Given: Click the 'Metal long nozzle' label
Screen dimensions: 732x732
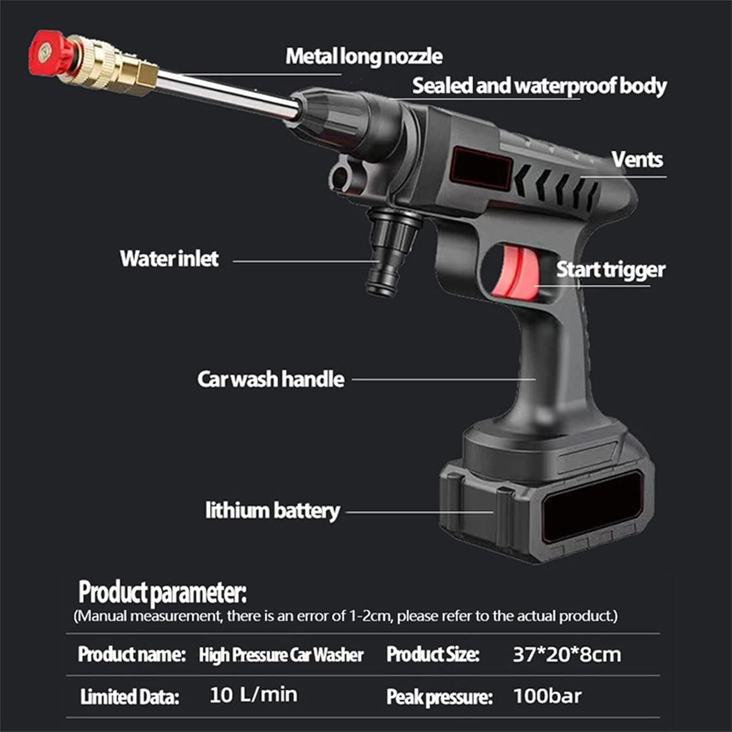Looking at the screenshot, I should click(364, 56).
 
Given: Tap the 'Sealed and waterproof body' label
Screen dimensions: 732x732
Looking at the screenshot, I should click(539, 86).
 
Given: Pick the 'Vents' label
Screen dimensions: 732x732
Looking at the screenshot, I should click(637, 160).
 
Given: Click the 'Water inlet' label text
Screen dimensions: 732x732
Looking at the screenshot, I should click(169, 259).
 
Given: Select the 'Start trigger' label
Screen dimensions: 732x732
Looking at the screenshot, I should click(610, 270).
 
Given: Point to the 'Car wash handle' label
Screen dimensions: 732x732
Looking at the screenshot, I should click(271, 379).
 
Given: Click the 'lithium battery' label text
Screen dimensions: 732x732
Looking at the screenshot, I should click(272, 511).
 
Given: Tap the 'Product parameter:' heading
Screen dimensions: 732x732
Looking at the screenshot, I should click(162, 592).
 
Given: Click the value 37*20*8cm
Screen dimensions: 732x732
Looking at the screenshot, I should click(566, 654).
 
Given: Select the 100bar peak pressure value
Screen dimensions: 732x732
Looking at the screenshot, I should click(547, 696).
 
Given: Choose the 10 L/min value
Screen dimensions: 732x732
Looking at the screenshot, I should click(253, 695).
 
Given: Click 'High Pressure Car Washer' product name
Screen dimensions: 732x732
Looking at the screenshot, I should click(281, 655).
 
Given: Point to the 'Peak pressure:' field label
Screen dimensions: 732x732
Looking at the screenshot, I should click(439, 697).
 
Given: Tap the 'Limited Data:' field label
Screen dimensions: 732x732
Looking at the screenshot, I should click(130, 697).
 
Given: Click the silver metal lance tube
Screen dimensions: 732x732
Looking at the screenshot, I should click(228, 94).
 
